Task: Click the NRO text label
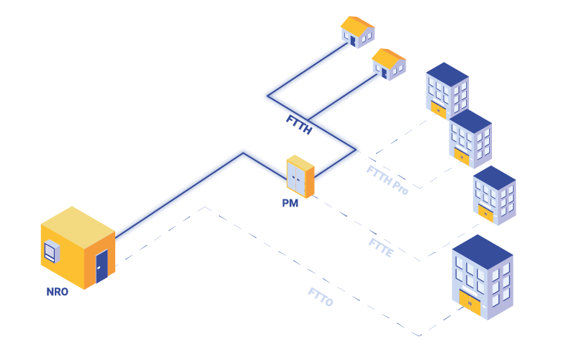[57, 292]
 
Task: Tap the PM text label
[290, 204]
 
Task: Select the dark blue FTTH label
[298, 123]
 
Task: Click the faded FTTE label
[380, 247]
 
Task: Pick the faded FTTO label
[321, 297]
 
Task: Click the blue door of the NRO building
[102, 266]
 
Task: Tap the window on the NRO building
[51, 252]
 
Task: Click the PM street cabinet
[300, 176]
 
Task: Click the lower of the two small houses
[388, 64]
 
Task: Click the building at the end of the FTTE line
[493, 195]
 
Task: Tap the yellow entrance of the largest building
[470, 303]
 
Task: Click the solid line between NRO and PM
[180, 195]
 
